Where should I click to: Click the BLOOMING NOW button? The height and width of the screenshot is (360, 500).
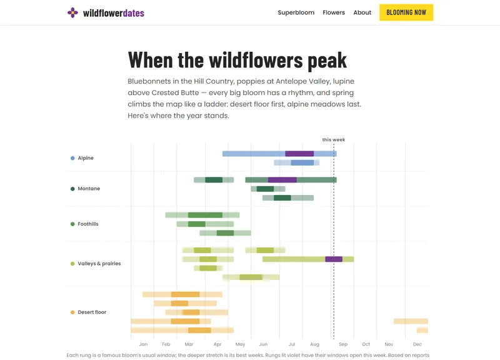point(406,12)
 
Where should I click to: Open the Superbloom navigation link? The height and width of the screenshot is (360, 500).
point(296,12)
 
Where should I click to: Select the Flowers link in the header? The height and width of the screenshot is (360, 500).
point(334,12)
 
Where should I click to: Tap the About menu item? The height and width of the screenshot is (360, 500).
point(362,12)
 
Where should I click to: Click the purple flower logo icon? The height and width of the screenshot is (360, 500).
point(72,12)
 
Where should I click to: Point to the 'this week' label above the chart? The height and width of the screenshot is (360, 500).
point(334,139)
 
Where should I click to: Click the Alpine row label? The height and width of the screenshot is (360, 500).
point(86,158)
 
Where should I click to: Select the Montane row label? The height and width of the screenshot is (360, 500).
point(89,189)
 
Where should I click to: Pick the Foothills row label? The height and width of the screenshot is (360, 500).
point(88,224)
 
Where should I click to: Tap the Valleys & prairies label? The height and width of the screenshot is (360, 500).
point(99,263)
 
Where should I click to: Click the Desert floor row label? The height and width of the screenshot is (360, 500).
point(92,312)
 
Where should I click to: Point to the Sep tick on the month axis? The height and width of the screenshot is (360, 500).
point(343,344)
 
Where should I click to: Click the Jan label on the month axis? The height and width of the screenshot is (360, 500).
point(143,344)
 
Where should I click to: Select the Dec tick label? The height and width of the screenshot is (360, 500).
point(417,344)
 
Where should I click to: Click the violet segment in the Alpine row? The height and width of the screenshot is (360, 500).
point(299,154)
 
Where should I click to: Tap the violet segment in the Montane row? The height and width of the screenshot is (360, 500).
point(282,180)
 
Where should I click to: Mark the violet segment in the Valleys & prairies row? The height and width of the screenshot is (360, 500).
point(334,259)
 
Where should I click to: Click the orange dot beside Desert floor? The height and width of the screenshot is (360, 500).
point(72,312)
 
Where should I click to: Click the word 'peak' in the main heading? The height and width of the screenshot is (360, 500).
point(327,60)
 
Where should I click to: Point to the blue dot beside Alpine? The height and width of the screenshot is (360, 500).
point(72,158)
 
